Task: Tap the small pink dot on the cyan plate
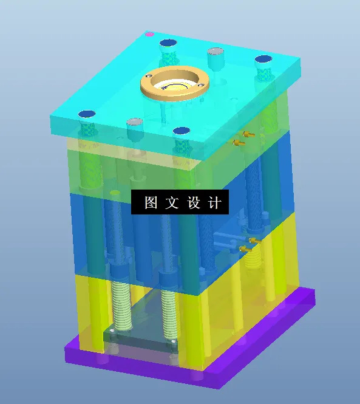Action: tap(149, 35)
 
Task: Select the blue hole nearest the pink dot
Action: tap(168, 43)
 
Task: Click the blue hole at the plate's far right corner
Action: tap(262, 60)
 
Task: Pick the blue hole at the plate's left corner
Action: tap(87, 114)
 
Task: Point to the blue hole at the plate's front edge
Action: tap(181, 131)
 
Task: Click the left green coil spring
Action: tap(121, 304)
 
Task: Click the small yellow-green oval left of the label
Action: tap(115, 193)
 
